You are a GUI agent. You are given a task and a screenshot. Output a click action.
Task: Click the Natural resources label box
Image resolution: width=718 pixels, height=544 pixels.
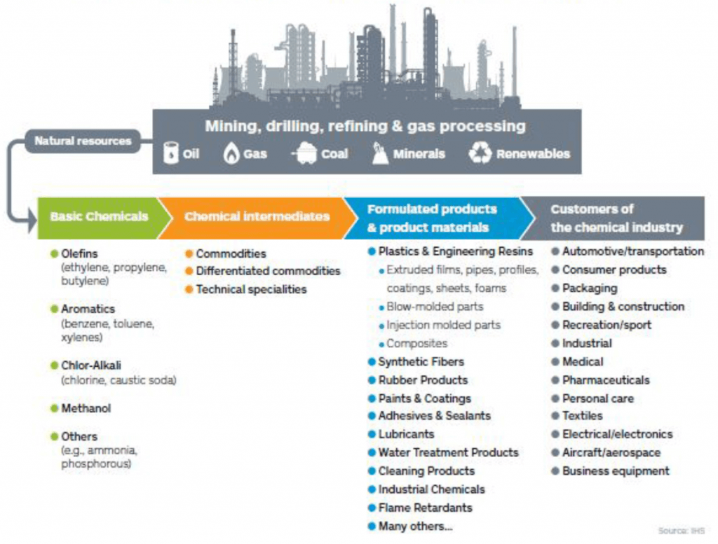(83, 141)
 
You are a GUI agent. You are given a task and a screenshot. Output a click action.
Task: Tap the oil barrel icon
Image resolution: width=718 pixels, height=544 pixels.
(171, 153)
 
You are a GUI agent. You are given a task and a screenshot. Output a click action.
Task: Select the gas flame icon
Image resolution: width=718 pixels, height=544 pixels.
(231, 153)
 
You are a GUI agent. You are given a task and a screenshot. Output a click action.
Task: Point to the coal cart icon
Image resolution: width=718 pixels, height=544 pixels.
(304, 153)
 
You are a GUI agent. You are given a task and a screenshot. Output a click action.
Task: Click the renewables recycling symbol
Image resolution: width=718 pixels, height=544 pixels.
(480, 153)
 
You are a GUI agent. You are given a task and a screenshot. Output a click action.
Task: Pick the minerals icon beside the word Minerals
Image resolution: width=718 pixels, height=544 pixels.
(379, 153)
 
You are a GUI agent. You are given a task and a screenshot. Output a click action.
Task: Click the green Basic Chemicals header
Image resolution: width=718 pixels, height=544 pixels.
(99, 218)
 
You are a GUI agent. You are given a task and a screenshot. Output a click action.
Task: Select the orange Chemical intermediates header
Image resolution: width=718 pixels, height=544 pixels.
(257, 218)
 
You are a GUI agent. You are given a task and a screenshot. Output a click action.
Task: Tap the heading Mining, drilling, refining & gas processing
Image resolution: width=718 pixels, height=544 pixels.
(365, 126)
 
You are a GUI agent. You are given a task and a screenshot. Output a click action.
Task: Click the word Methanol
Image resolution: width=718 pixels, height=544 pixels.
(86, 408)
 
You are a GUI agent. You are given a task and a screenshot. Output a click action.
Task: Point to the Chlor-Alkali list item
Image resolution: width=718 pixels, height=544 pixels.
(91, 365)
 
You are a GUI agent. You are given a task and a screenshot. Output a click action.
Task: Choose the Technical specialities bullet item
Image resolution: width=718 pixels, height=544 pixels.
(251, 289)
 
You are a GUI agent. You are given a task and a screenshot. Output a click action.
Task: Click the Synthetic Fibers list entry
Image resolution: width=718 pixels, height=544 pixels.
(421, 361)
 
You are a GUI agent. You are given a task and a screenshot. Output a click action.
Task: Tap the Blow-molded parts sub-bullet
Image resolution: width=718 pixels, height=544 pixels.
(435, 307)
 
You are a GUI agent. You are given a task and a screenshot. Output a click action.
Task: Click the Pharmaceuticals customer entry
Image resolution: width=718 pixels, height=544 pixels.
(605, 380)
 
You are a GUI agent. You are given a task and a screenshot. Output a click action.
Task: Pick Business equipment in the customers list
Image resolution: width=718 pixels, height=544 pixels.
(616, 471)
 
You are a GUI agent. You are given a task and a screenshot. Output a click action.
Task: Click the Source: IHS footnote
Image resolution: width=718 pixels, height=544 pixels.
(681, 531)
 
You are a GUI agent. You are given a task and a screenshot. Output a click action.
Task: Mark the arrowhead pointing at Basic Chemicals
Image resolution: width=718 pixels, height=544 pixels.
(32, 221)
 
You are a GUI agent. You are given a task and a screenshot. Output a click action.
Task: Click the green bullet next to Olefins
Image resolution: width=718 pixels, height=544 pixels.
(55, 253)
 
